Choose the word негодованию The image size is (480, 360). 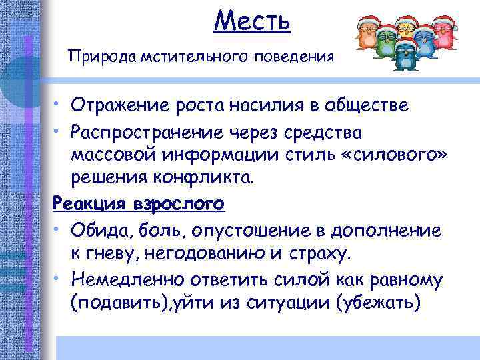pos(196,254)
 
